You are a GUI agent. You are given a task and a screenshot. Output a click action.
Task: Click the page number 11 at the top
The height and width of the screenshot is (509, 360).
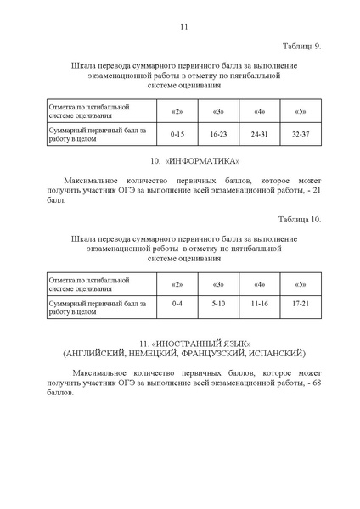click(183, 25)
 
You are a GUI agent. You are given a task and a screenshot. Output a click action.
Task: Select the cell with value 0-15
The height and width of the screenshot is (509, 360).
click(177, 134)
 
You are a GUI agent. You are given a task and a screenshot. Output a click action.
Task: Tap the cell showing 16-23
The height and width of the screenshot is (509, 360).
click(218, 134)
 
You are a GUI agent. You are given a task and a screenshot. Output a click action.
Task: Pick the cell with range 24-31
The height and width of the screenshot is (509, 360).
click(260, 134)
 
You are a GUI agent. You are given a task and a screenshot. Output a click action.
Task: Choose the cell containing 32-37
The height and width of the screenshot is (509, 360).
click(301, 134)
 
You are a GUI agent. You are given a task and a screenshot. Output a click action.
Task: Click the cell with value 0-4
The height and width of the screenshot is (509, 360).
click(177, 303)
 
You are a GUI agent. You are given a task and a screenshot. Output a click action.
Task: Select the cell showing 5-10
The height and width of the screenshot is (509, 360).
click(218, 303)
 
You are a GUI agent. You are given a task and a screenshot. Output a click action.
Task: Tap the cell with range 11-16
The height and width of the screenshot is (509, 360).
click(260, 303)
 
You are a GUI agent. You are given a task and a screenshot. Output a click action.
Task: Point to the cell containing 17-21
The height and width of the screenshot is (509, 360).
click(301, 303)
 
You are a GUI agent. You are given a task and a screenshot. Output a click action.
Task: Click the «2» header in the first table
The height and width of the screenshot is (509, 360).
click(177, 112)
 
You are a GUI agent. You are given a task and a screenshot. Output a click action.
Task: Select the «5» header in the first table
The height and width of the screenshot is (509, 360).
click(301, 112)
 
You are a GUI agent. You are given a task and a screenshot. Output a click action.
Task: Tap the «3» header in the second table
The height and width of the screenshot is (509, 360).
click(218, 282)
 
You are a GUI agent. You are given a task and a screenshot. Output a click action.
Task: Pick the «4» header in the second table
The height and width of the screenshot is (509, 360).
click(260, 282)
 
